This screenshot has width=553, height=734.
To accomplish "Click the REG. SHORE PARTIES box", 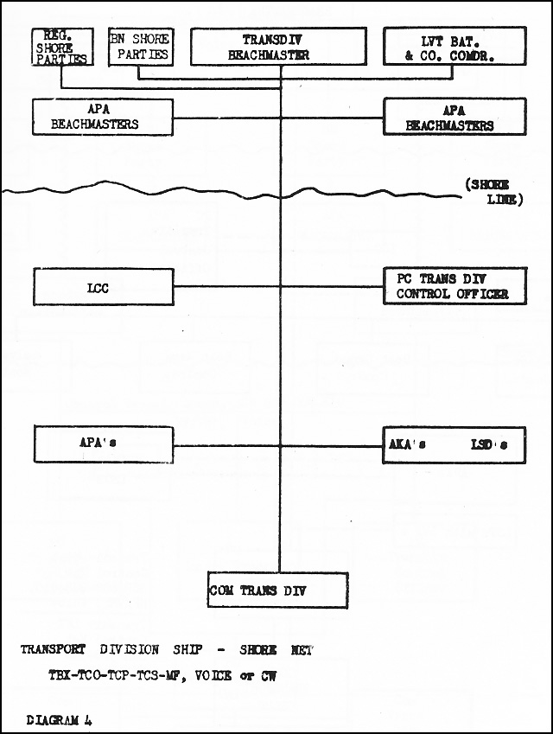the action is pos(62,47).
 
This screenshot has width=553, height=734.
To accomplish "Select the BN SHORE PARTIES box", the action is pos(140,47).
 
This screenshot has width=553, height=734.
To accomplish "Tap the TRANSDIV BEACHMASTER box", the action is pos(278,46).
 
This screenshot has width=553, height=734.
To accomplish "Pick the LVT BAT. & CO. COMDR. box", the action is pos(454,46).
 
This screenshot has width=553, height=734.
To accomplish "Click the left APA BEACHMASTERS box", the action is pos(103,117).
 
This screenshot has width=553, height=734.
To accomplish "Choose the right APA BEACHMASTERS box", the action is pos(454,117).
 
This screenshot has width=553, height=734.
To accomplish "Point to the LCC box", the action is pos(104,287).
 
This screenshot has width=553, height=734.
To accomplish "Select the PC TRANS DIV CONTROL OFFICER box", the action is pos(454,286).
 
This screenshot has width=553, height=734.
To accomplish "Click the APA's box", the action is pos(104,444).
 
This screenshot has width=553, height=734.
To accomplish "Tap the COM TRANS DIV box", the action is pos(278,590).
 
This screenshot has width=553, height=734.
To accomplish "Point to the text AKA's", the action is pos(407,444).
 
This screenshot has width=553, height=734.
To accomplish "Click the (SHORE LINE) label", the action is pos(493,192).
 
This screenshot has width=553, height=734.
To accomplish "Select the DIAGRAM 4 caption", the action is pos(59,720).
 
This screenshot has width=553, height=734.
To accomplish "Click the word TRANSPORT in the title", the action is pos(53,650).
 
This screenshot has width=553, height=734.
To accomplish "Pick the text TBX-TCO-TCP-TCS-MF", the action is pos(114,675).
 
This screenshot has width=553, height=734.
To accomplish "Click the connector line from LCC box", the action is pos(227,286).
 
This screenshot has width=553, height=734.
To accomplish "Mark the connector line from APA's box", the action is pos(227,445).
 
